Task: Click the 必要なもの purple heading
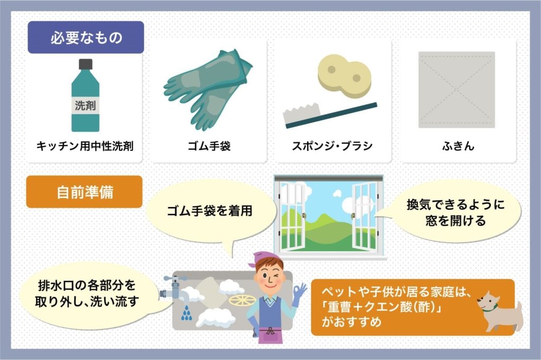point(86,37)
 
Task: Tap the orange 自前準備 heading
point(85,192)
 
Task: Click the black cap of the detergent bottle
point(86,65)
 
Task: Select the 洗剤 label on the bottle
point(85,106)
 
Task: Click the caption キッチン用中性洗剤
point(85,146)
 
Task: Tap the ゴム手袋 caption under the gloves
point(209,146)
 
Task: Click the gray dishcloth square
point(456,90)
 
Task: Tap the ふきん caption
point(457,146)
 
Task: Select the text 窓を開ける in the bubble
point(455,221)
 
